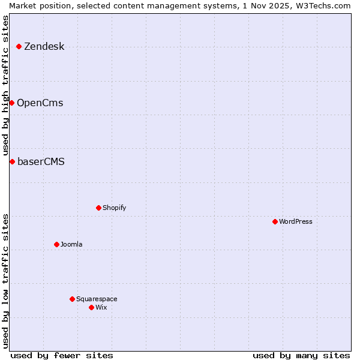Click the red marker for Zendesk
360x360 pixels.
pos(19,46)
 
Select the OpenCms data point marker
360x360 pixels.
pos(11,103)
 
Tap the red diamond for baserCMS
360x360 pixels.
pos(12,161)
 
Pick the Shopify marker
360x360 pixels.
pos(98,208)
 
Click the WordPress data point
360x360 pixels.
pos(275,221)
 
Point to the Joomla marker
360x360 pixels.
pos(56,244)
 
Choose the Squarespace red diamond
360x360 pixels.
pos(72,299)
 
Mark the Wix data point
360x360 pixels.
pos(91,307)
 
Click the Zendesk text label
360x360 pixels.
pos(44,47)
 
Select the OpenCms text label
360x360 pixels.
pos(40,103)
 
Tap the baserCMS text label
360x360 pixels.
pos(41,162)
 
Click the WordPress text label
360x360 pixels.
pos(296,221)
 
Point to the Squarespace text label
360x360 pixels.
pos(97,299)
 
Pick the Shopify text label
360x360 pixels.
pos(114,208)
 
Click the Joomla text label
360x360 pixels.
pos(71,244)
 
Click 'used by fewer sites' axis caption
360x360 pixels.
pos(62,356)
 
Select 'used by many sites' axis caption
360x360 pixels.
pos(301,356)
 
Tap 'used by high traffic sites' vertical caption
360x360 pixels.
pos(6,85)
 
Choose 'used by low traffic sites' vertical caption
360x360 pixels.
pos(6,281)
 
